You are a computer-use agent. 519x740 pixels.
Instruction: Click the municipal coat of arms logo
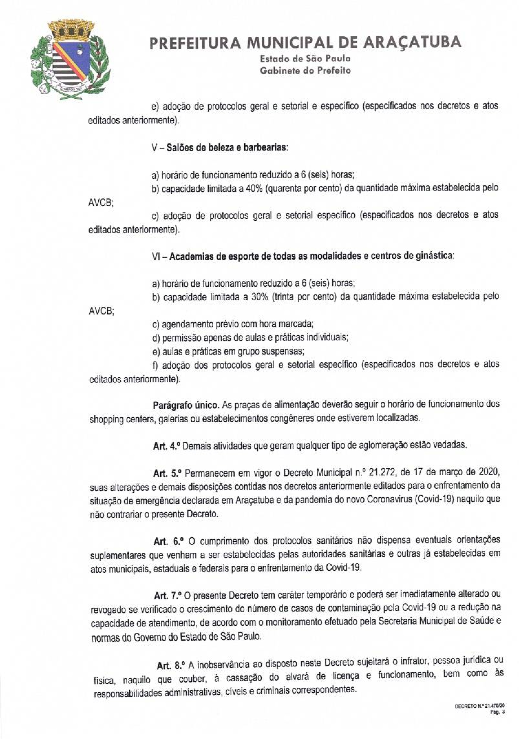pyautogui.click(x=72, y=59)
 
